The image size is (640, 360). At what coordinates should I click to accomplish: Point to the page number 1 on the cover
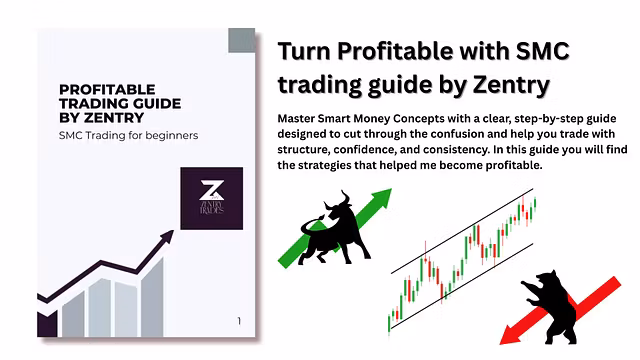pos(239,321)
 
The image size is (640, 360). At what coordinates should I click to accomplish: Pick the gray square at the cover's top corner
pos(241,41)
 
